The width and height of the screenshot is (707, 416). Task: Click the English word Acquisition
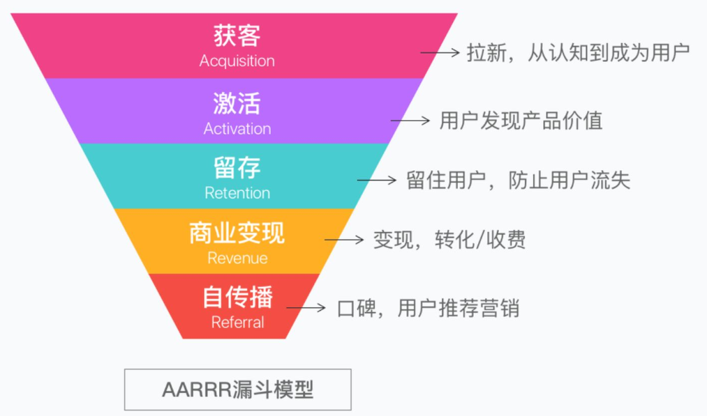click(x=237, y=61)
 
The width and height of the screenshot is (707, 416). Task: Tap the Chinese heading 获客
click(x=237, y=36)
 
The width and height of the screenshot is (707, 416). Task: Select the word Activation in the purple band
click(x=237, y=129)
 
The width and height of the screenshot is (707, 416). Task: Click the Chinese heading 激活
click(x=237, y=103)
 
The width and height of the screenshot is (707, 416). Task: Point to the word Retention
click(x=237, y=193)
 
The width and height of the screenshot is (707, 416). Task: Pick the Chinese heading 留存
click(x=237, y=168)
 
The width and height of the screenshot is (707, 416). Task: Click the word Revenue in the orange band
click(x=237, y=258)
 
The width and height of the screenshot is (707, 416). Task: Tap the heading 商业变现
click(x=237, y=233)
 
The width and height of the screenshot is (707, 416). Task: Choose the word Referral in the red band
click(x=237, y=323)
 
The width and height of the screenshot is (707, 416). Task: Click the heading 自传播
click(x=237, y=297)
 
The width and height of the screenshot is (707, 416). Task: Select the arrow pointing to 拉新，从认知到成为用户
click(x=440, y=53)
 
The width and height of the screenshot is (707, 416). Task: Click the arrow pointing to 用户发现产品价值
click(x=410, y=121)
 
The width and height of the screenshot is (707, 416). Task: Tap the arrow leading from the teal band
click(x=376, y=180)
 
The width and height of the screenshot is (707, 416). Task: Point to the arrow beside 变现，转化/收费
click(x=344, y=240)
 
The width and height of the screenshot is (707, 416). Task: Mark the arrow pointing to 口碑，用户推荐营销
click(x=306, y=308)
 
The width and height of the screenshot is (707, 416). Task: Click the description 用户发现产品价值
click(x=521, y=121)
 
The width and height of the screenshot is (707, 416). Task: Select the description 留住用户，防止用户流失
click(x=518, y=180)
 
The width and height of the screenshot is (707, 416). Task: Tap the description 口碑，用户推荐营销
click(x=429, y=309)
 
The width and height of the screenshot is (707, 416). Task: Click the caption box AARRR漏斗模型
click(x=237, y=390)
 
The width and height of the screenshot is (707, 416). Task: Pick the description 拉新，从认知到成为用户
click(x=578, y=53)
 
